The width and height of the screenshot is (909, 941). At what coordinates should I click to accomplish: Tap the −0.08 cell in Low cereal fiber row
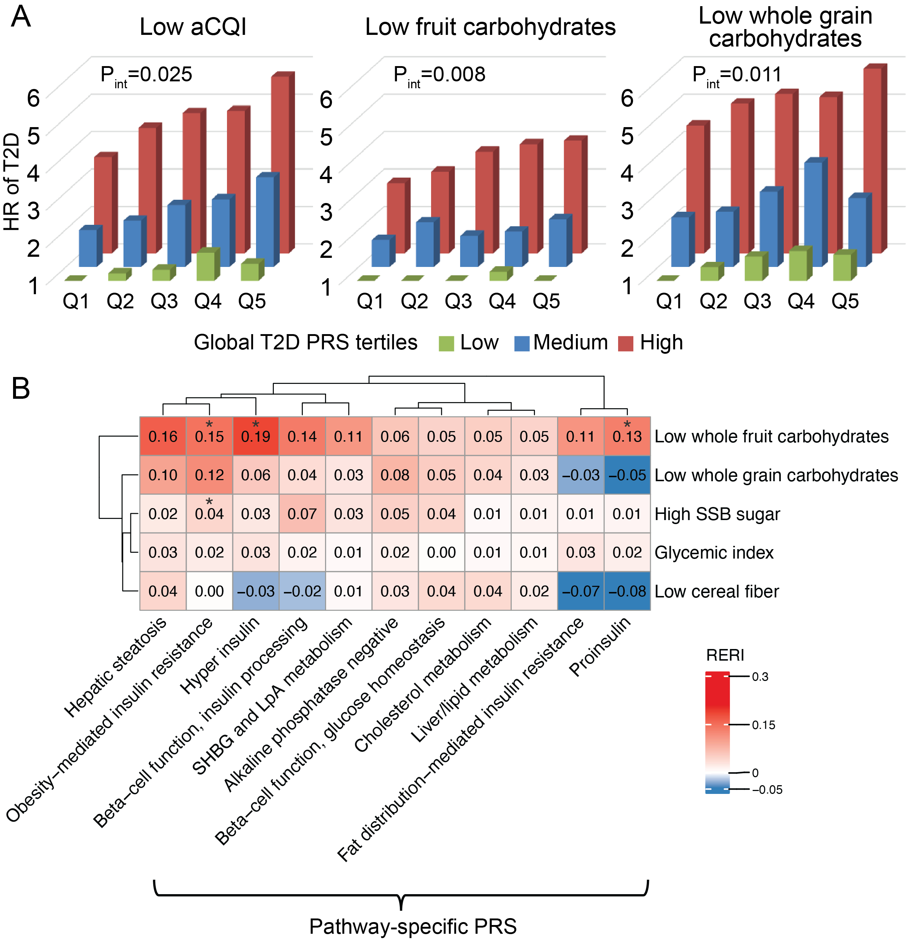coord(627,591)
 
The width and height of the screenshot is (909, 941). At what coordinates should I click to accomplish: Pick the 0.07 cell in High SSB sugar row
coord(302,514)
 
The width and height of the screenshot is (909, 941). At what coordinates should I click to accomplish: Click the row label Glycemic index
coord(714,553)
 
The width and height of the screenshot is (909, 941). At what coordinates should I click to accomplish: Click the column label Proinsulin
coord(600,646)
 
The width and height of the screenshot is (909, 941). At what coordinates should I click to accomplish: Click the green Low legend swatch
coord(446,343)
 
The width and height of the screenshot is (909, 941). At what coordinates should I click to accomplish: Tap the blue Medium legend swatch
coord(522,343)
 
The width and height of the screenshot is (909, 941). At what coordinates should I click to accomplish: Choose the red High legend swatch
coord(625,343)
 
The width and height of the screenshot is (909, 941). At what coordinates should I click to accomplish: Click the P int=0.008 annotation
coord(439,76)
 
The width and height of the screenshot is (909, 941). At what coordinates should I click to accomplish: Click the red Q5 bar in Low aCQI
coord(280,163)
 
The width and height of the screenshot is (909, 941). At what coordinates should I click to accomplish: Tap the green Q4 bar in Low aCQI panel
coord(206,265)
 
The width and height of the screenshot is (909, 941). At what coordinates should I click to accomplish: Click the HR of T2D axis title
coord(12,182)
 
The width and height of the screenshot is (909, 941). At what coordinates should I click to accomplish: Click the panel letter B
coord(21,388)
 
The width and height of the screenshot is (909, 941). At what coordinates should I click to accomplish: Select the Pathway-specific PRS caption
coord(413,926)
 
